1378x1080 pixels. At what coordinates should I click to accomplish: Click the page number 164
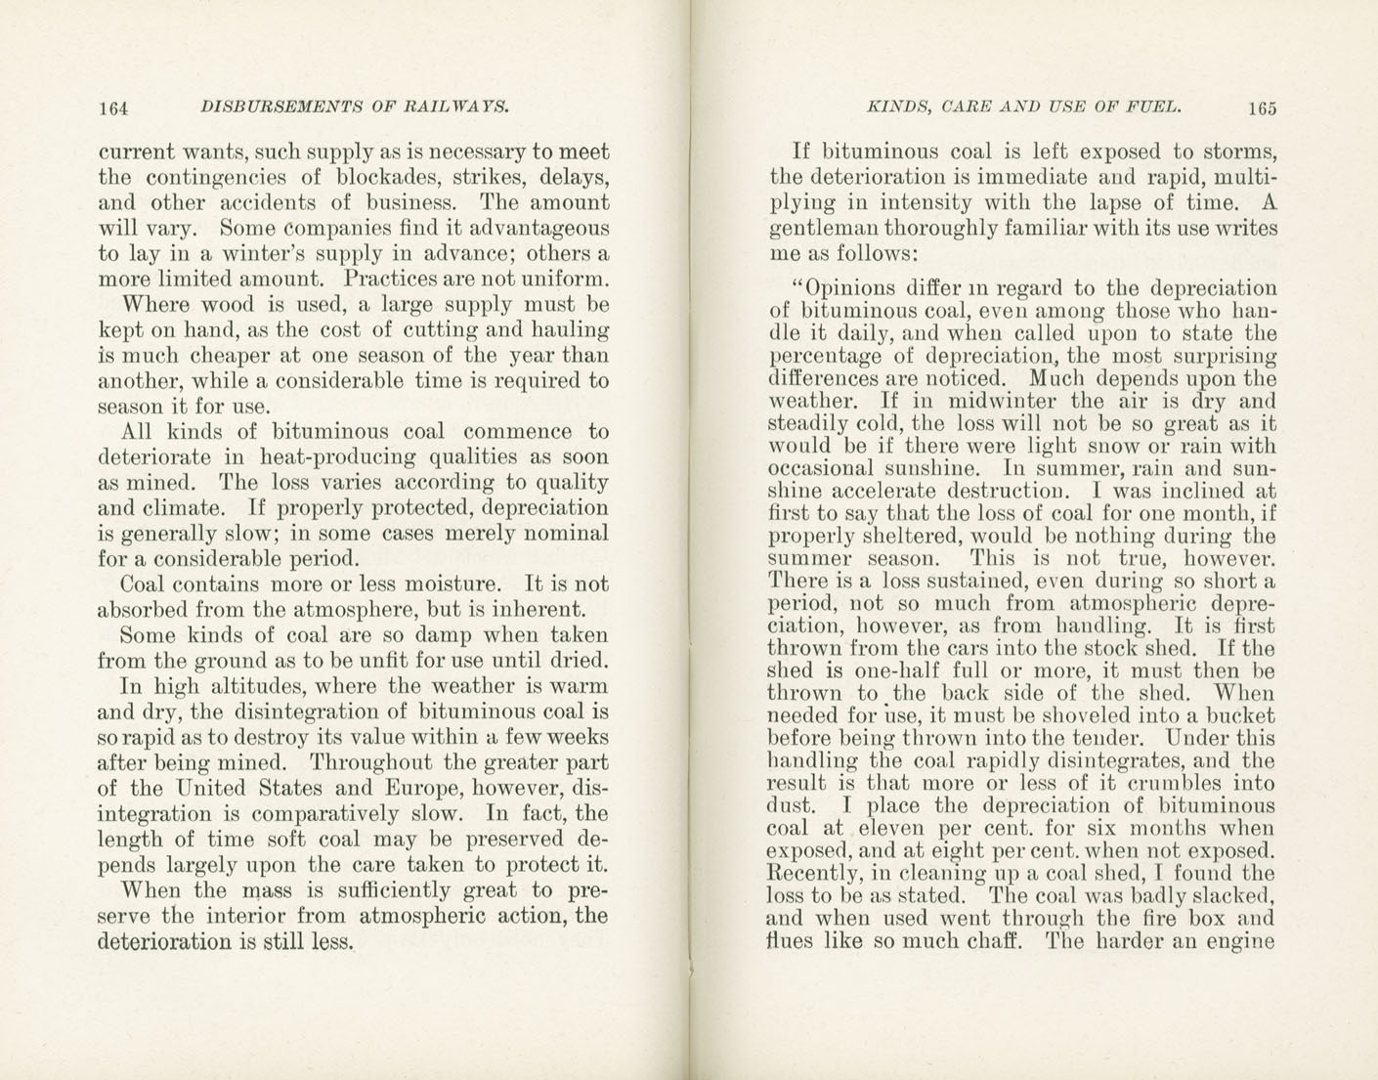coord(114,108)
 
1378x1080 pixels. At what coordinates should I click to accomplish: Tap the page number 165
coord(1261,108)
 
